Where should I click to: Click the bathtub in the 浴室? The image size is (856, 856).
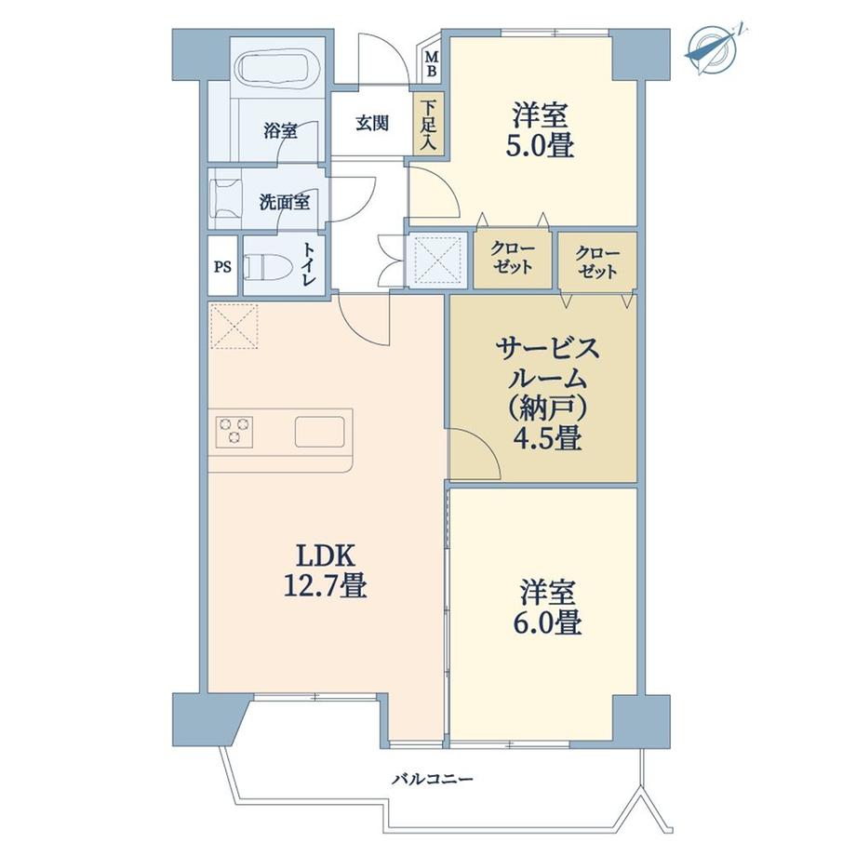point(277,68)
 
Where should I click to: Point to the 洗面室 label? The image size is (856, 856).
point(285,201)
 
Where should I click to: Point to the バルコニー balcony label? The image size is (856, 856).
point(432,777)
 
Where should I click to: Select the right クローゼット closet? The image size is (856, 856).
point(596,261)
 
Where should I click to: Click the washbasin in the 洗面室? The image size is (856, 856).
point(226,198)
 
